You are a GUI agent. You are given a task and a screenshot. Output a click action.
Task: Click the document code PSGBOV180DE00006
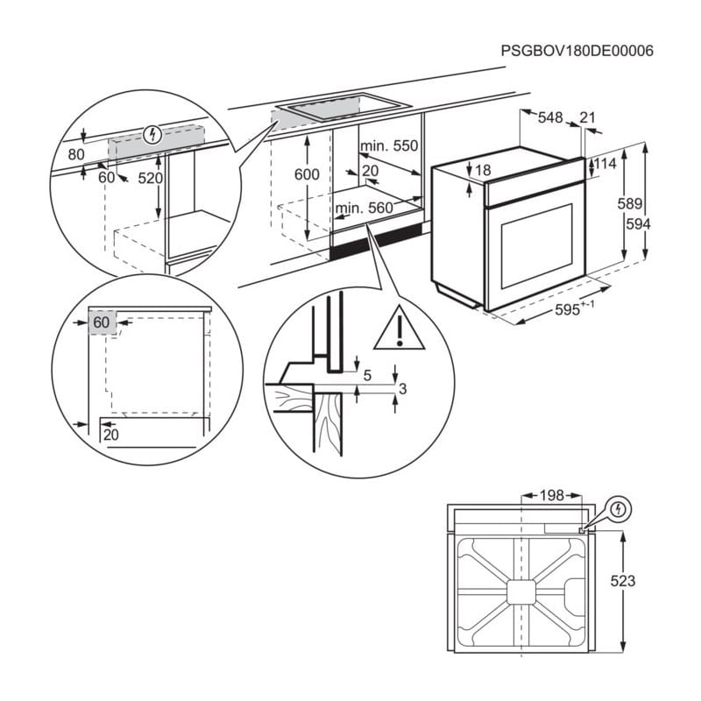[577, 51]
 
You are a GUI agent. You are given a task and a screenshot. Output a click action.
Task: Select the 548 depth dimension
[549, 117]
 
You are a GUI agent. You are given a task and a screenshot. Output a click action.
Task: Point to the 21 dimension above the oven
[587, 117]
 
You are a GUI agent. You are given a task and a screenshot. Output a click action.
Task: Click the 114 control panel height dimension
[605, 164]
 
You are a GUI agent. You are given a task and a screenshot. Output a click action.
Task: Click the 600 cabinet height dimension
[307, 174]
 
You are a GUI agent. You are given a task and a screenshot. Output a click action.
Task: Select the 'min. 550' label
[389, 145]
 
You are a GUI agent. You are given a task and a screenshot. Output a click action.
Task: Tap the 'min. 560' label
[364, 208]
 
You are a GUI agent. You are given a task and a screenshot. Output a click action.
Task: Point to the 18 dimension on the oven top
[483, 170]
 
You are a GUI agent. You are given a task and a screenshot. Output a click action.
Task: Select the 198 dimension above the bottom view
[551, 496]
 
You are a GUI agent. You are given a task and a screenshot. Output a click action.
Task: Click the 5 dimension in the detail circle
[367, 375]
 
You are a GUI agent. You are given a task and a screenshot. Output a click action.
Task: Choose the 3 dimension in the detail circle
[401, 388]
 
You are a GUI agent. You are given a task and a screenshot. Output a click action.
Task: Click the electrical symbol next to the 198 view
[619, 508]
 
